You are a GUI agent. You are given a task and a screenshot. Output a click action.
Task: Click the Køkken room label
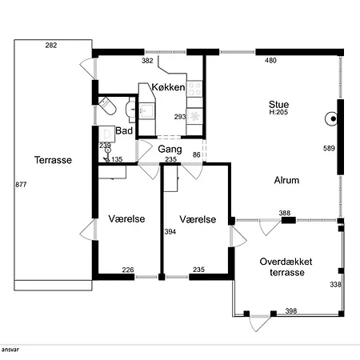(x=168, y=87)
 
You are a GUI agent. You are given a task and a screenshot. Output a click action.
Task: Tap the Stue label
(x=278, y=104)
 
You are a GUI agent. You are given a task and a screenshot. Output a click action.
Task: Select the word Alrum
(x=286, y=180)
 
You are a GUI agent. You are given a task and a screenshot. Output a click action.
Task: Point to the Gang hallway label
(x=170, y=150)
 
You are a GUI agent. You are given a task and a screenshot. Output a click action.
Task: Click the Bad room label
(x=124, y=130)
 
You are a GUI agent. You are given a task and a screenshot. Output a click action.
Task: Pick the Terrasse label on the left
(x=53, y=160)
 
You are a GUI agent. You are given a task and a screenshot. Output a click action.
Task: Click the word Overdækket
(x=286, y=262)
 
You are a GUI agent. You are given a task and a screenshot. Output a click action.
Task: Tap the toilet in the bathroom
(x=108, y=106)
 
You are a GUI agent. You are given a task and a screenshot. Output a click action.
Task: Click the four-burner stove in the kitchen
(x=194, y=89)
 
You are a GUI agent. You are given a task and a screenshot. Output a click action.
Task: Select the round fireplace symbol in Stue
(x=331, y=118)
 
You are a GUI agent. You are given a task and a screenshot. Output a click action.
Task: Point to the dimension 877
(x=21, y=185)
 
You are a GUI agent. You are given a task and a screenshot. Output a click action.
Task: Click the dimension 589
(x=329, y=148)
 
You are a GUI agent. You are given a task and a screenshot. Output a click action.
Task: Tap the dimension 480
(x=270, y=61)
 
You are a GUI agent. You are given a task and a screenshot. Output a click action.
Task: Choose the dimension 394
(x=170, y=232)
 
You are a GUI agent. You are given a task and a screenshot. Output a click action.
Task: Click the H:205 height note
(x=278, y=112)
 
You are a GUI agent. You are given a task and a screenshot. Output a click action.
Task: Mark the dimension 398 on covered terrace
(x=291, y=311)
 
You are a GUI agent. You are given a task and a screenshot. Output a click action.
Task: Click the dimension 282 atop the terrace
(x=51, y=46)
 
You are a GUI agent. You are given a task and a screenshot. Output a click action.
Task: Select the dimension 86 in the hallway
(x=197, y=155)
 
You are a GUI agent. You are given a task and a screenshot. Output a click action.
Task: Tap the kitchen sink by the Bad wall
(x=146, y=110)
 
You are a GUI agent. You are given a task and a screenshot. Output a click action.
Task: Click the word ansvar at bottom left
(x=10, y=350)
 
